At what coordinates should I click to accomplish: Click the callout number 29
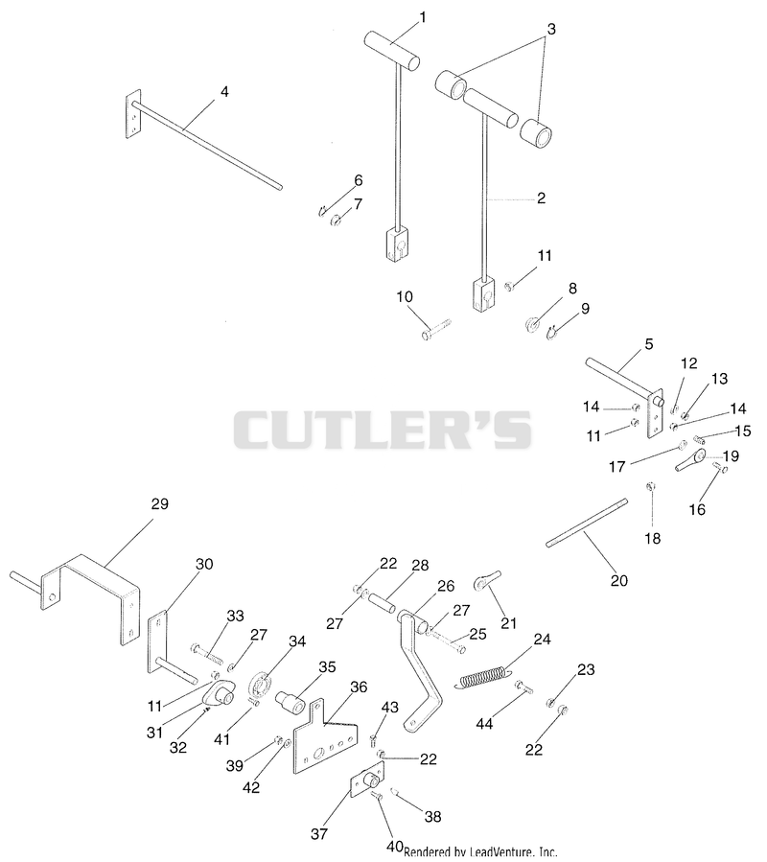[x=159, y=503]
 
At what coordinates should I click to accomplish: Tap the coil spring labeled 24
[x=482, y=677]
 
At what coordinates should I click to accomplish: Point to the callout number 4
[x=224, y=92]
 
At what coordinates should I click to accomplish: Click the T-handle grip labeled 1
[x=391, y=53]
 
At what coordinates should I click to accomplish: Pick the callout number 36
[x=359, y=687]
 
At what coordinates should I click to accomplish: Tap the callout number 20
[x=619, y=580]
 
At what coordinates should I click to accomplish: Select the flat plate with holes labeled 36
[x=325, y=736]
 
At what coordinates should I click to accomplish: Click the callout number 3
[x=551, y=29]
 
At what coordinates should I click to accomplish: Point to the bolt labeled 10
[x=436, y=328]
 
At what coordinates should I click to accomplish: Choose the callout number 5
[x=649, y=344]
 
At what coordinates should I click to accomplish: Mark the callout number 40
[x=394, y=847]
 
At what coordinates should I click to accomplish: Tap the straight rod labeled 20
[x=586, y=522]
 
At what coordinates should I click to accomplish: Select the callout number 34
[x=297, y=641]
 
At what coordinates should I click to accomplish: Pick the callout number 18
[x=653, y=538]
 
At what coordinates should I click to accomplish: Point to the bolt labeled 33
[x=205, y=653]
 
